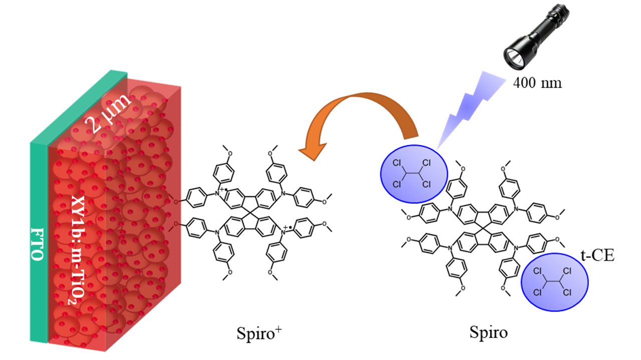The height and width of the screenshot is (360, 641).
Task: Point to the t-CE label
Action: pyautogui.click(x=598, y=256)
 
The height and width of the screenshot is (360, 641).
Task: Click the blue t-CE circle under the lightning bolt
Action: pyautogui.click(x=414, y=174)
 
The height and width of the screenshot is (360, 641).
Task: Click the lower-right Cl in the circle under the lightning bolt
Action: pyautogui.click(x=427, y=184)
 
